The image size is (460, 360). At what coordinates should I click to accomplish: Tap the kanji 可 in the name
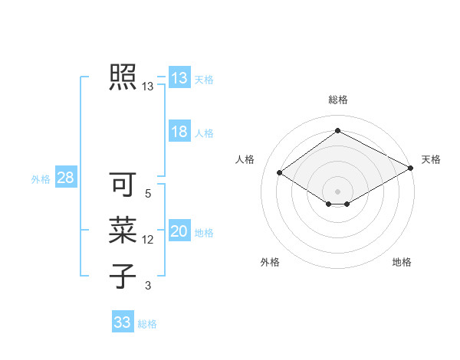click(123, 185)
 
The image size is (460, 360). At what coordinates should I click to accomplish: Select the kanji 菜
click(123, 231)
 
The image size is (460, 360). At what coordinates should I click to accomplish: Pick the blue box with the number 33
click(123, 322)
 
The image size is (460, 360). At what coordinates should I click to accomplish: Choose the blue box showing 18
click(179, 132)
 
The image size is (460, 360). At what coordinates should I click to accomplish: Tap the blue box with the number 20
click(179, 231)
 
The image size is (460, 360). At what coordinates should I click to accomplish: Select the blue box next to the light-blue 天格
click(179, 78)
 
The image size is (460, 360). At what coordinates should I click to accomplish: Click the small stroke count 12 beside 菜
click(148, 240)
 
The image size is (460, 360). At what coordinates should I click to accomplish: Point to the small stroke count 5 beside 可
click(148, 195)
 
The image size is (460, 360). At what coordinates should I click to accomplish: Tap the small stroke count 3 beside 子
click(148, 286)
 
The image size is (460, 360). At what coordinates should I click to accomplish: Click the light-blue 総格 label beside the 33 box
click(147, 324)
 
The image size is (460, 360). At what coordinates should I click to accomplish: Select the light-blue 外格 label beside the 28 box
click(41, 179)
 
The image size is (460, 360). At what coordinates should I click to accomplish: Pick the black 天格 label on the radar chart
click(431, 159)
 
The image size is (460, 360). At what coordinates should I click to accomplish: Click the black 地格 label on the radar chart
click(402, 262)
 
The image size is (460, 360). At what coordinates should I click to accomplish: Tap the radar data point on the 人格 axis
click(280, 173)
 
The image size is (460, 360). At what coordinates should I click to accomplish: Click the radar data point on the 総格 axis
click(337, 131)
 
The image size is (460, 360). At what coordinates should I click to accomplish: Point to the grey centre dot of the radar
click(337, 190)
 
